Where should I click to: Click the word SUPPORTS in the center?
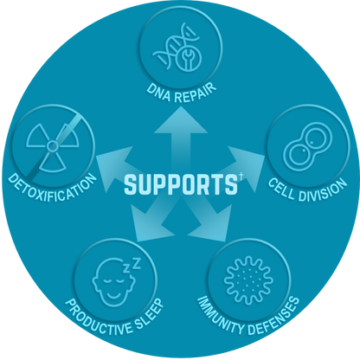pyautogui.click(x=181, y=184)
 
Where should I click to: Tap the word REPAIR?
pyautogui.click(x=196, y=93)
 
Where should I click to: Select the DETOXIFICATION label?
pyautogui.click(x=52, y=188)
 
